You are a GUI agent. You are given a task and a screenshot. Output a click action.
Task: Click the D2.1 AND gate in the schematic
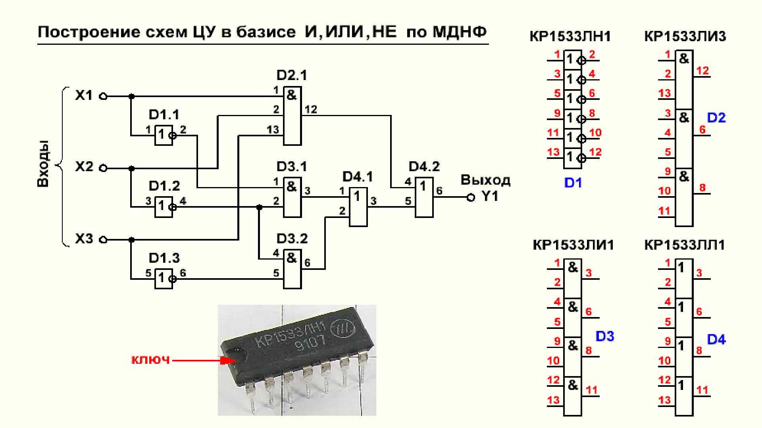(x=292, y=116)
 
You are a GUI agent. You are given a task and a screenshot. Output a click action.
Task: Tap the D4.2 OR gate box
(x=424, y=197)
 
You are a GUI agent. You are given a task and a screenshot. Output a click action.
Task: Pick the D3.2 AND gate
(x=292, y=269)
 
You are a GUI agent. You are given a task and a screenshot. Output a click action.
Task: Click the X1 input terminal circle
(x=103, y=96)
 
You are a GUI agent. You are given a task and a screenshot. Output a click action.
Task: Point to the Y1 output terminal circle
(x=471, y=197)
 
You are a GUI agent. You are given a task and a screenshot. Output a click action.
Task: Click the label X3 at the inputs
(x=84, y=239)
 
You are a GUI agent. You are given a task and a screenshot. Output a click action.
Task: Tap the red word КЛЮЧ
(x=151, y=360)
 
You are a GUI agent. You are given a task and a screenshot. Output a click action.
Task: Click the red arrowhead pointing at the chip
(x=228, y=361)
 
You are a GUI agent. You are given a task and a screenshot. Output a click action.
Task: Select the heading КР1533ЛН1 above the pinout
(x=570, y=36)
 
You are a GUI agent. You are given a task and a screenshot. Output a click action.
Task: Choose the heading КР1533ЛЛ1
(x=685, y=245)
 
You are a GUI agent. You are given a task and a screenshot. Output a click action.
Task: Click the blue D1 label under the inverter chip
(x=573, y=183)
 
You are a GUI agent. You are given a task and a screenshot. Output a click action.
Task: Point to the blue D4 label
(x=716, y=340)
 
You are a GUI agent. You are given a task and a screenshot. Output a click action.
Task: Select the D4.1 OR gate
(x=358, y=206)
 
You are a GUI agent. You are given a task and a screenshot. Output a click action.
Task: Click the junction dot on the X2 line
(x=132, y=168)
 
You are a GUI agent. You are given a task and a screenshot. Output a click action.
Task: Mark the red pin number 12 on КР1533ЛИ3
(x=702, y=71)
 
